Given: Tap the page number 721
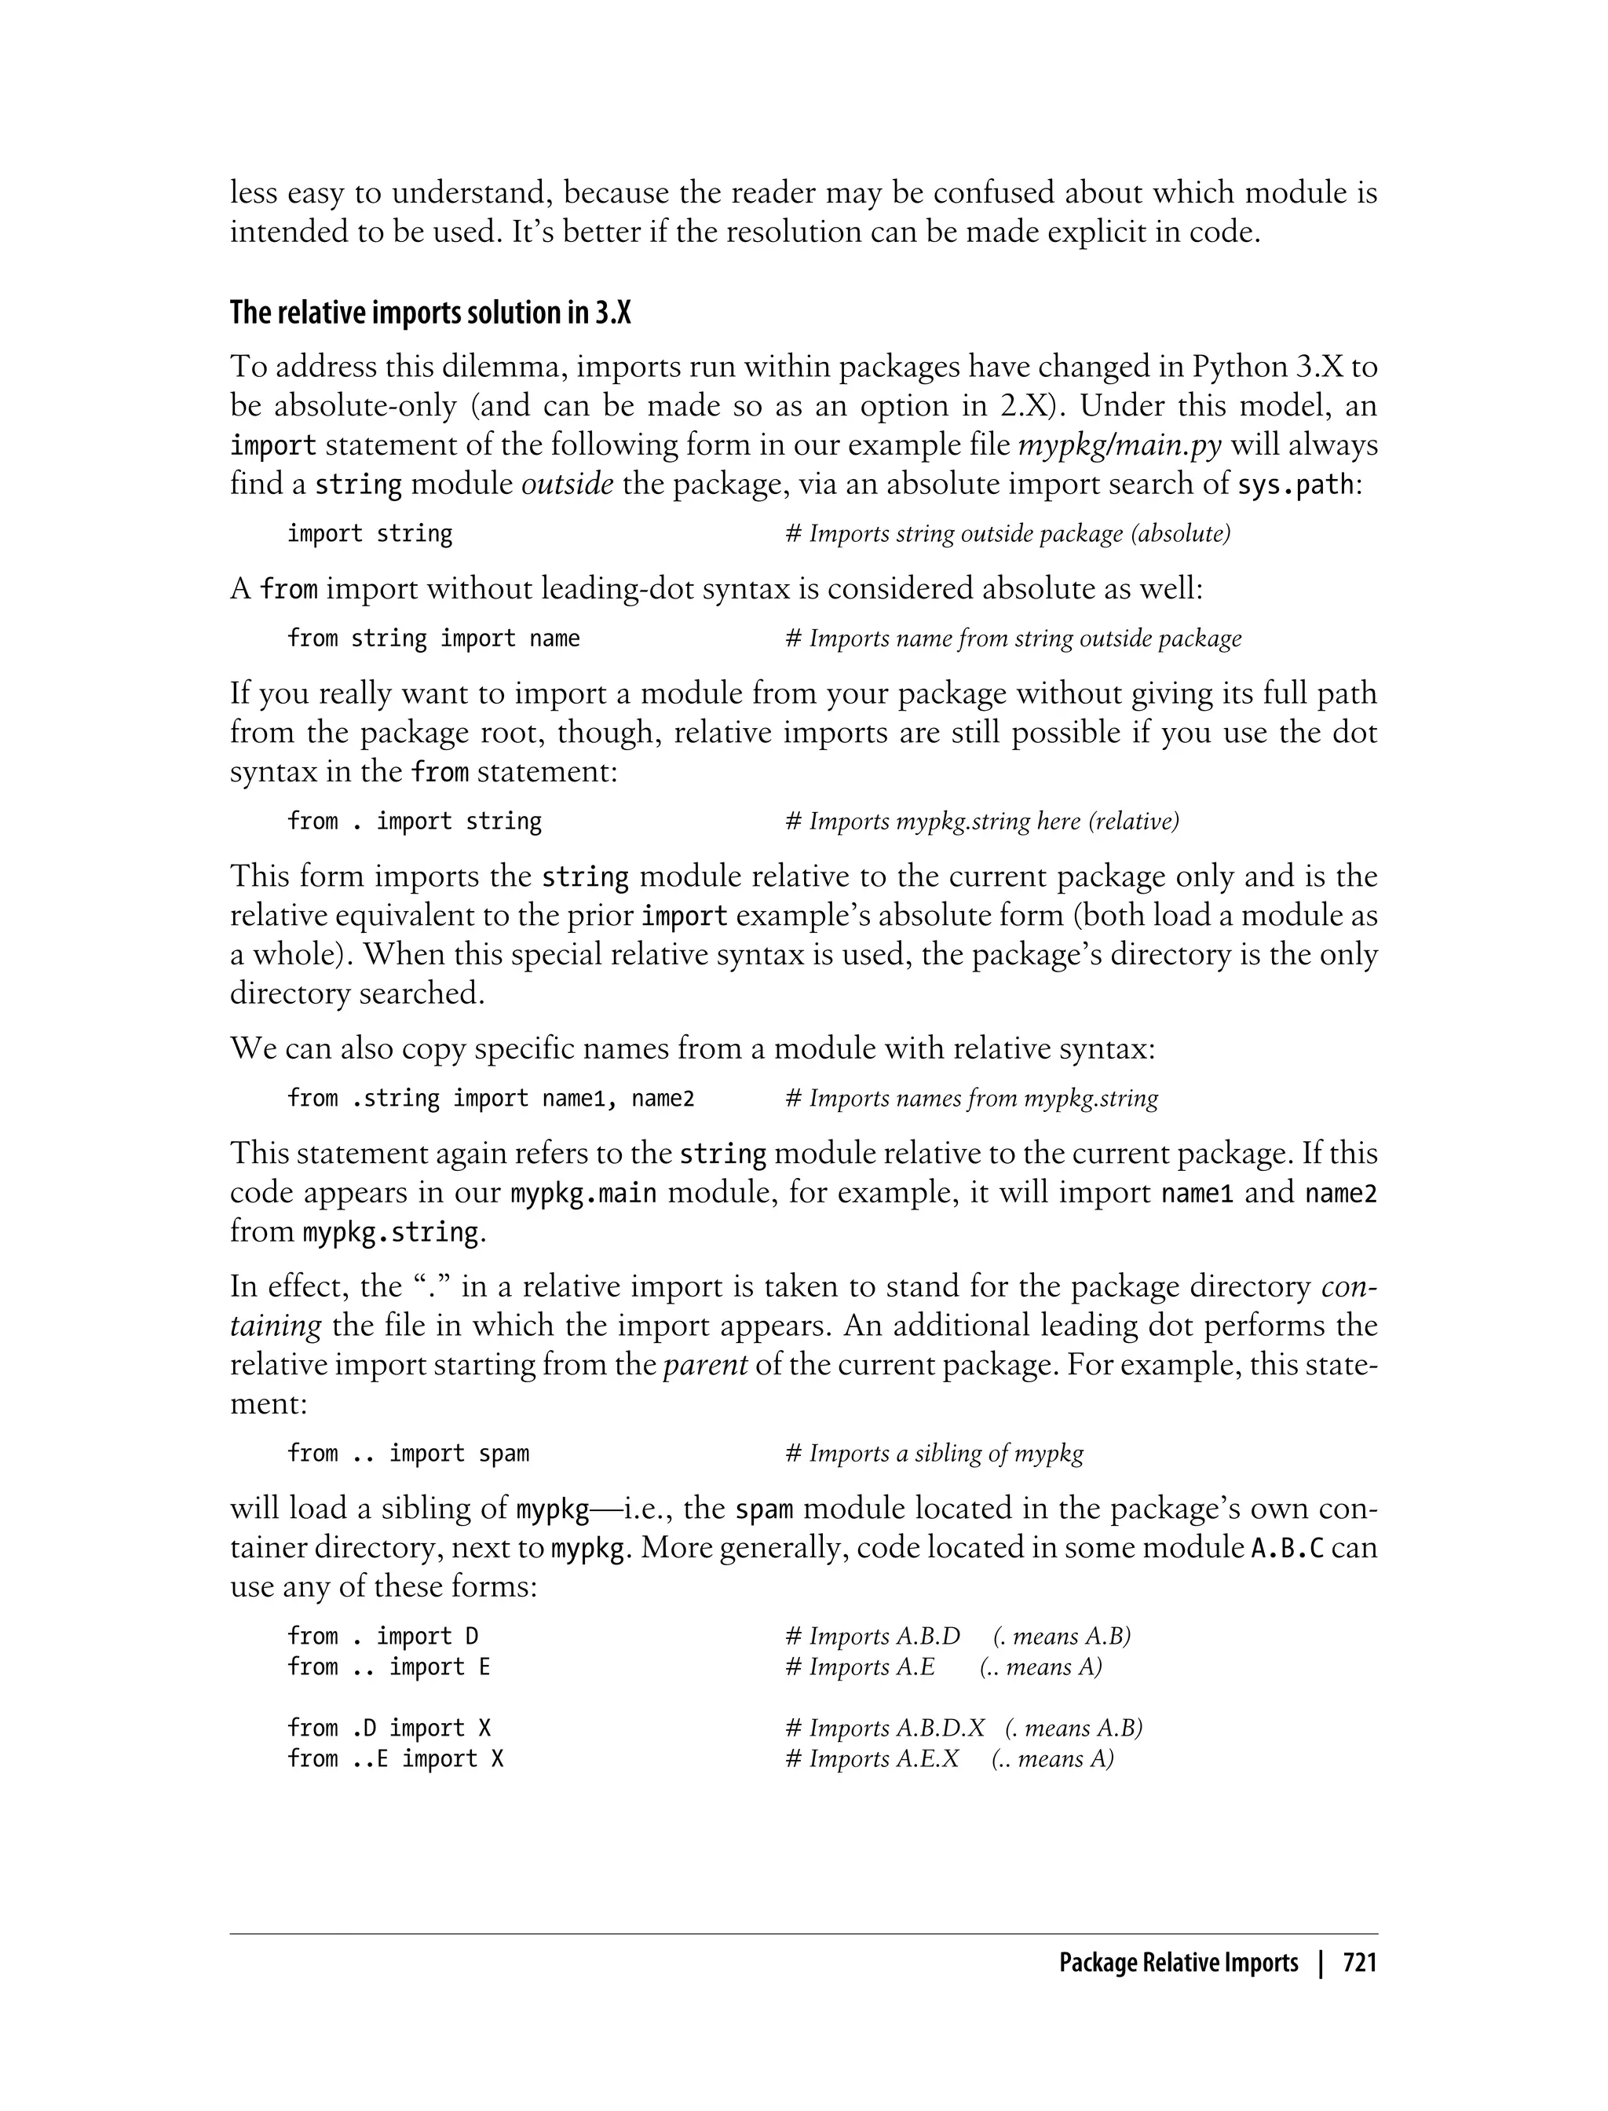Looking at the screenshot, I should (x=1359, y=1963).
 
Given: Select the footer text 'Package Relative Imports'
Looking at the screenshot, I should (x=1179, y=1963).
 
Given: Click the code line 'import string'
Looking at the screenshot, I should (x=370, y=533).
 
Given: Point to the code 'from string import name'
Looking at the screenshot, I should (x=433, y=638).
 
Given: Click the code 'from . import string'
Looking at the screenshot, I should (x=415, y=821).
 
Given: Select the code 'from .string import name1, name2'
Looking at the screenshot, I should (x=490, y=1098).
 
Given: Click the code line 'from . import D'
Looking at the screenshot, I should (x=383, y=1636).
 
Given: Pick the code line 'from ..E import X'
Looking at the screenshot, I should (x=395, y=1758).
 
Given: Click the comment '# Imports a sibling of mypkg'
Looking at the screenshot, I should (x=934, y=1454).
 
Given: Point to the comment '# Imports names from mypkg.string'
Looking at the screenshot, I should (x=971, y=1098).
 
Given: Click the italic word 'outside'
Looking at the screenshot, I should (x=567, y=485).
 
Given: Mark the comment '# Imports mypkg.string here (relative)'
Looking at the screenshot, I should (x=982, y=821).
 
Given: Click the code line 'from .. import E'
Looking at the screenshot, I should (x=389, y=1666).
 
